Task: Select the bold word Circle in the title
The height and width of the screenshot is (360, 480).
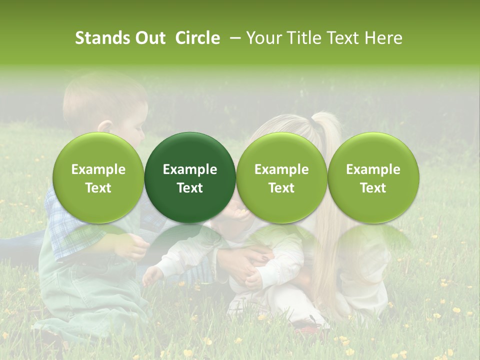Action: point(197,38)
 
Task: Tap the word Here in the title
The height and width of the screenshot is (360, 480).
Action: point(384,38)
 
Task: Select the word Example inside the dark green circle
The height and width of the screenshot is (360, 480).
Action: point(190,169)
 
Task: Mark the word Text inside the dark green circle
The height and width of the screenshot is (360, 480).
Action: point(190,188)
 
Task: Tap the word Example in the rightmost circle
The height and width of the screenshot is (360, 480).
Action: point(373,169)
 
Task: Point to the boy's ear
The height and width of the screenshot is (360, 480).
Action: point(106,126)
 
